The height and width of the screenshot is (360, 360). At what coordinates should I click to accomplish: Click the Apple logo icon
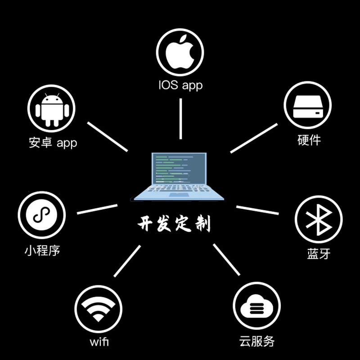tap(180, 53)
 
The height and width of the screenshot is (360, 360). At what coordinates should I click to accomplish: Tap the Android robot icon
tap(51, 109)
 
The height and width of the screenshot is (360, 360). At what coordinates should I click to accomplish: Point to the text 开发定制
tap(174, 224)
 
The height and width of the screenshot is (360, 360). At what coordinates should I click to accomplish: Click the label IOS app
tap(180, 85)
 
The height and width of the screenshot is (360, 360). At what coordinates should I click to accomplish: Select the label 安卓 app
tap(53, 143)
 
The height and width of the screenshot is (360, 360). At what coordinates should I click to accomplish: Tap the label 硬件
tap(309, 140)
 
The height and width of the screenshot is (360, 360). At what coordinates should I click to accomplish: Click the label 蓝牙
tap(319, 253)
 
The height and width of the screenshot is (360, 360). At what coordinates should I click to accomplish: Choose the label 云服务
tap(256, 341)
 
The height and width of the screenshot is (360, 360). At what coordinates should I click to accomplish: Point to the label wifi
tap(99, 342)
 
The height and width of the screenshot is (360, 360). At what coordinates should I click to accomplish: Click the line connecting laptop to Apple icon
tap(180, 118)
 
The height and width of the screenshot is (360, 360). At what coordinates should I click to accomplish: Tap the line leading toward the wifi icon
tap(127, 261)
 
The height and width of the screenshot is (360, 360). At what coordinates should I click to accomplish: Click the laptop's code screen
tap(179, 168)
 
